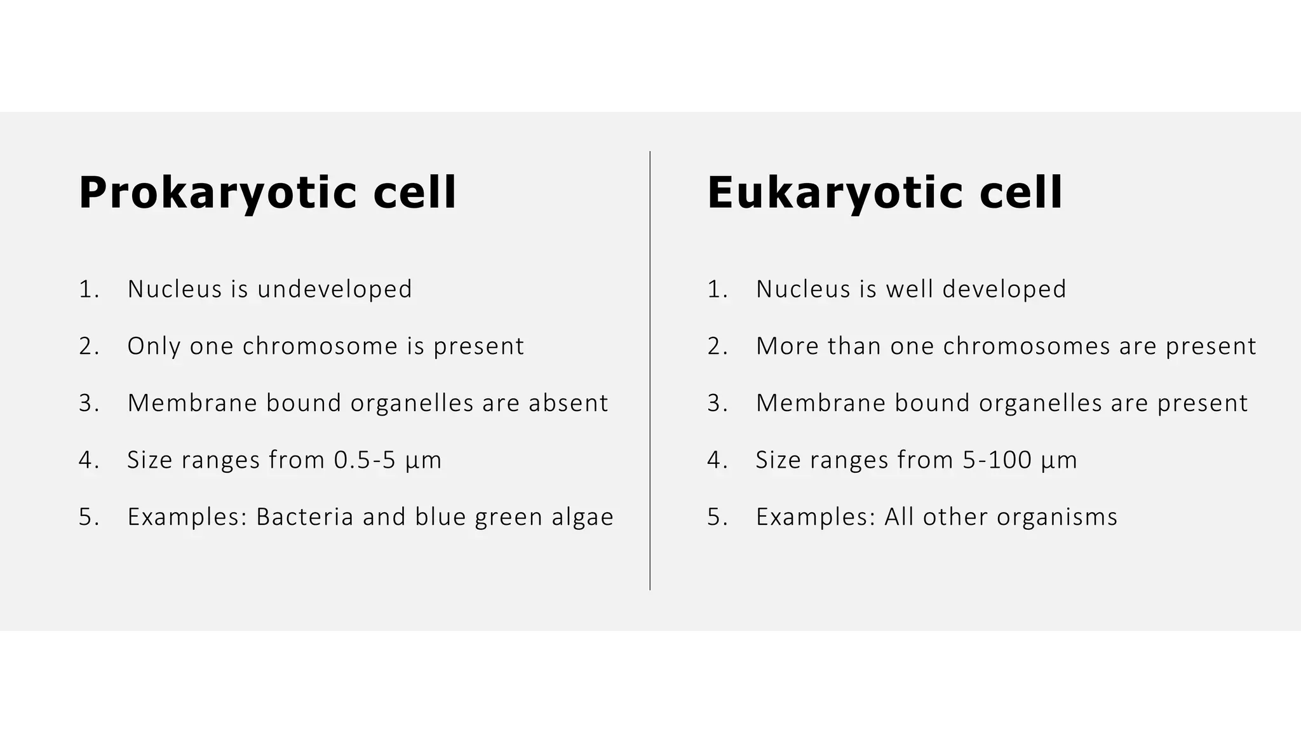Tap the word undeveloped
pos(335,289)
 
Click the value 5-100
pos(997,460)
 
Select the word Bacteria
pos(304,517)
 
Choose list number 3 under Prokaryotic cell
pos(88,403)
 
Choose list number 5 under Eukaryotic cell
pos(717,517)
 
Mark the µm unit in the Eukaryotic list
pos(1059,461)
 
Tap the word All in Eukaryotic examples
pos(899,517)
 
